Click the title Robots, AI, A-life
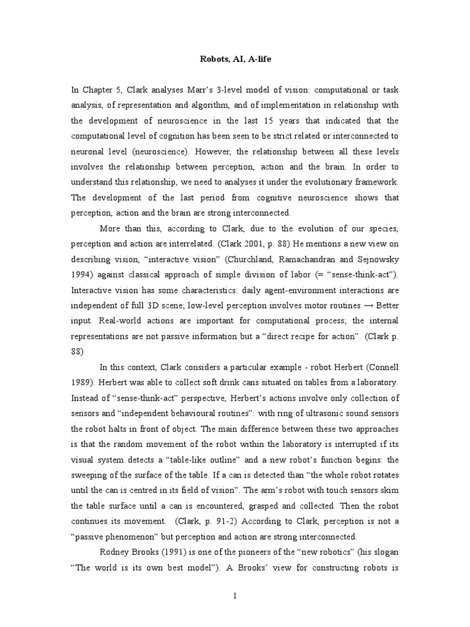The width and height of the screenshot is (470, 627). pos(235,60)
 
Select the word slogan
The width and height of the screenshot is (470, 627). pos(381,552)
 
